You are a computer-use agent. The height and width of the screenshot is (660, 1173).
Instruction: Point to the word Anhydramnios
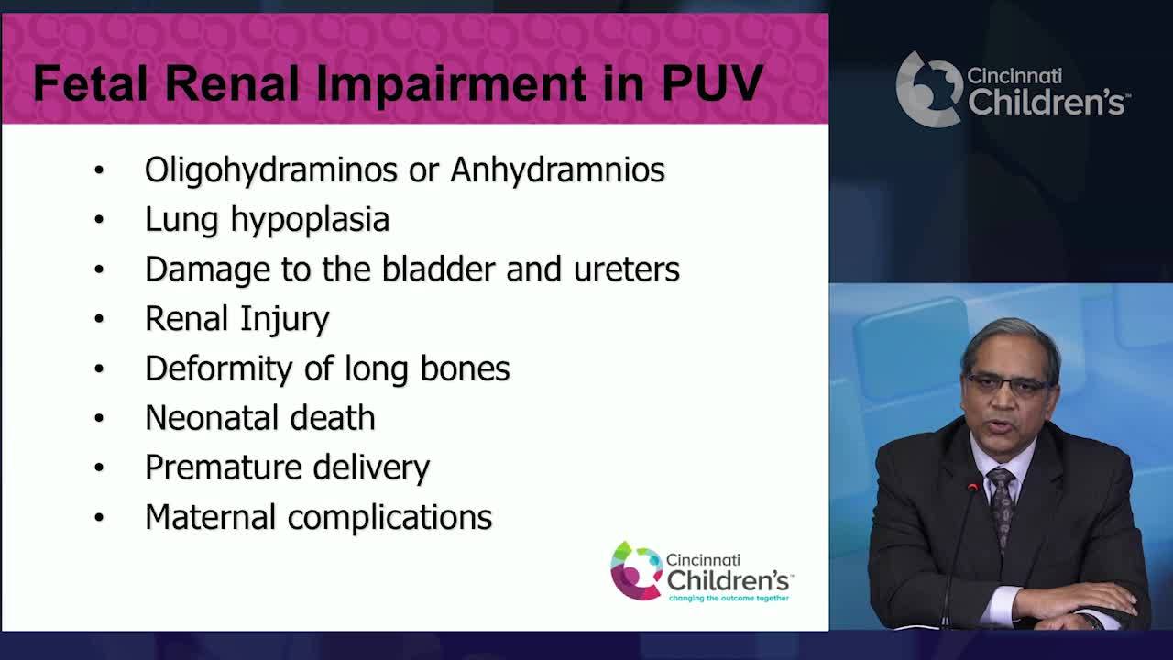coord(557,170)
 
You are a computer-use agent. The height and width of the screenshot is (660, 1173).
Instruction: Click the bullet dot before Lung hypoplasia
coord(99,220)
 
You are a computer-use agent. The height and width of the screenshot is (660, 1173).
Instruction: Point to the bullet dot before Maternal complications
coord(99,517)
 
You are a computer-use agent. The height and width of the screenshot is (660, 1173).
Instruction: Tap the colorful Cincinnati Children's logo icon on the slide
coord(636,570)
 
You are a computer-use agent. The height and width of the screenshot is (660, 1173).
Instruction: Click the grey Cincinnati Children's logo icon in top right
coord(927,89)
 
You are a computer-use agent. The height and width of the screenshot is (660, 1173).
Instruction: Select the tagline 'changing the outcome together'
coord(728,598)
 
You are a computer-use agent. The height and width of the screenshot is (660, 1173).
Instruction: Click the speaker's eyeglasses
coord(1009,384)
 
